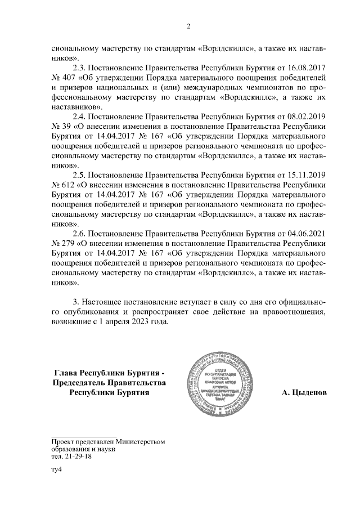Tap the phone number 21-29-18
[x=78, y=457]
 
